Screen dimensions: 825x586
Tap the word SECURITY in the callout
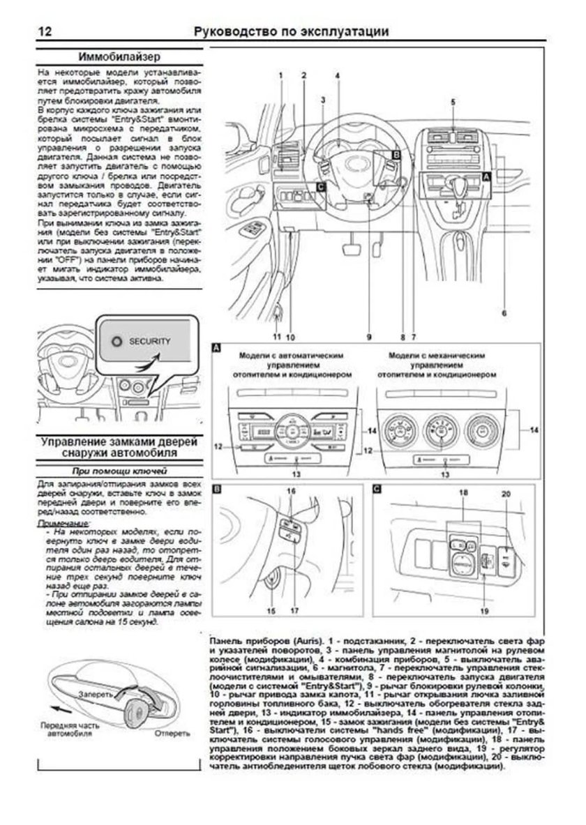149,342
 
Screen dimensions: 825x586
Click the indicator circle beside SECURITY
116,342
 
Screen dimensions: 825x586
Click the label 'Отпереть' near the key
170,733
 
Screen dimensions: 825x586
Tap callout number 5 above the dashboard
452,102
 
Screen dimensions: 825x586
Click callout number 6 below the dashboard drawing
504,314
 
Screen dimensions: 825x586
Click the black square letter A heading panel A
217,347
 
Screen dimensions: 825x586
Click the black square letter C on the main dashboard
320,187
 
